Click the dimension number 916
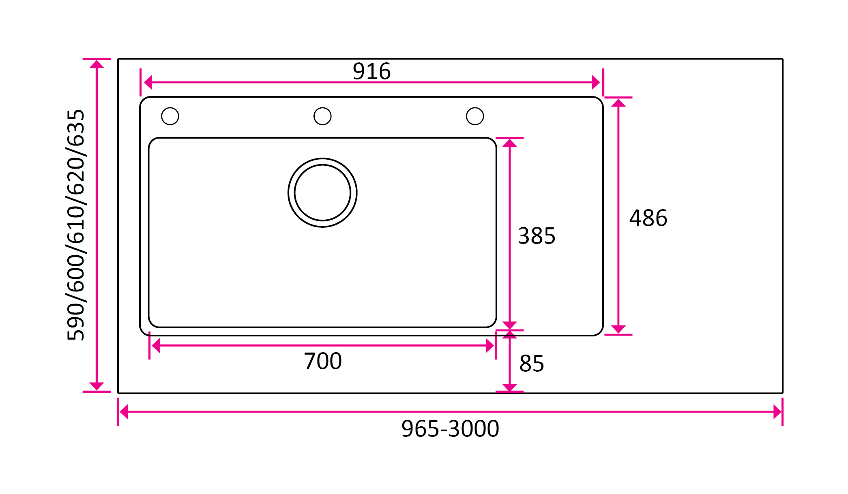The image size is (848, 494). (371, 71)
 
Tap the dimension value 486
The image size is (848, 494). (648, 218)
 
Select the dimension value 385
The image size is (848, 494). (537, 236)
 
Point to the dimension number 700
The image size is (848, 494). (323, 361)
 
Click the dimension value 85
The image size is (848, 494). (531, 364)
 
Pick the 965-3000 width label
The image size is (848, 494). (450, 429)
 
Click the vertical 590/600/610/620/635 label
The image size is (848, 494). (76, 225)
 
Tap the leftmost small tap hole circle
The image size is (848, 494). (170, 116)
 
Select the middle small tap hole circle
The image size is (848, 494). (322, 116)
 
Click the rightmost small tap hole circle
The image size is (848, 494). (475, 116)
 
